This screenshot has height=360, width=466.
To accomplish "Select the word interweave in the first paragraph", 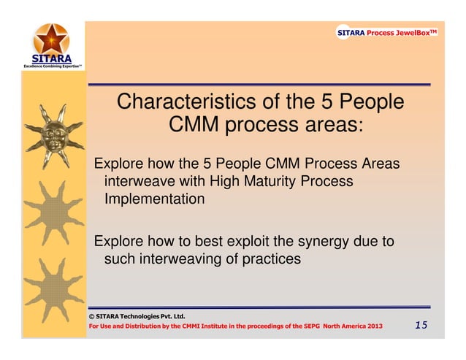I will coord(140,181).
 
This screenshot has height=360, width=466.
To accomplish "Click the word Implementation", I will coord(153,199).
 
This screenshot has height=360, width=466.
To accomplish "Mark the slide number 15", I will coord(421,325).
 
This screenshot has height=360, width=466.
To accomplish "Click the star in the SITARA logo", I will coord(50,37).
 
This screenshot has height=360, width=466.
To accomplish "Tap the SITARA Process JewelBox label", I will coord(386,33).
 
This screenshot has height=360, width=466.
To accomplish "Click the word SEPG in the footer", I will coord(314,326).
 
